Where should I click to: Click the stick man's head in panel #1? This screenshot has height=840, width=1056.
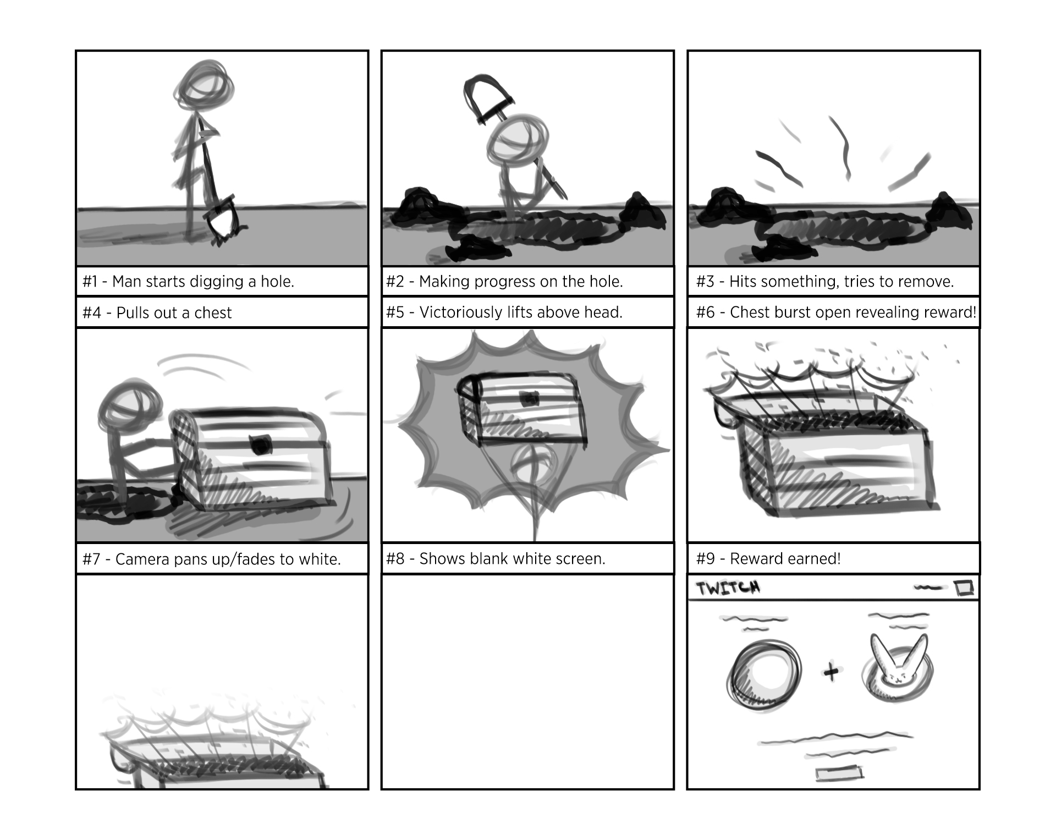coord(204,89)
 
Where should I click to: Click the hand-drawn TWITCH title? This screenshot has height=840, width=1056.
coord(728,588)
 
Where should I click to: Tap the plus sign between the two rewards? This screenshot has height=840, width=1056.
coord(831,672)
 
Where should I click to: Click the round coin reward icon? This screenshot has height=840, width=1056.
coord(763,673)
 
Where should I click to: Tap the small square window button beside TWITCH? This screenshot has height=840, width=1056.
coord(964,588)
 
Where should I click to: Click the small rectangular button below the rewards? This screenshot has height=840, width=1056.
coord(839,773)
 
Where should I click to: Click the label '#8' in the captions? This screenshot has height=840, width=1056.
coord(395,559)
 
